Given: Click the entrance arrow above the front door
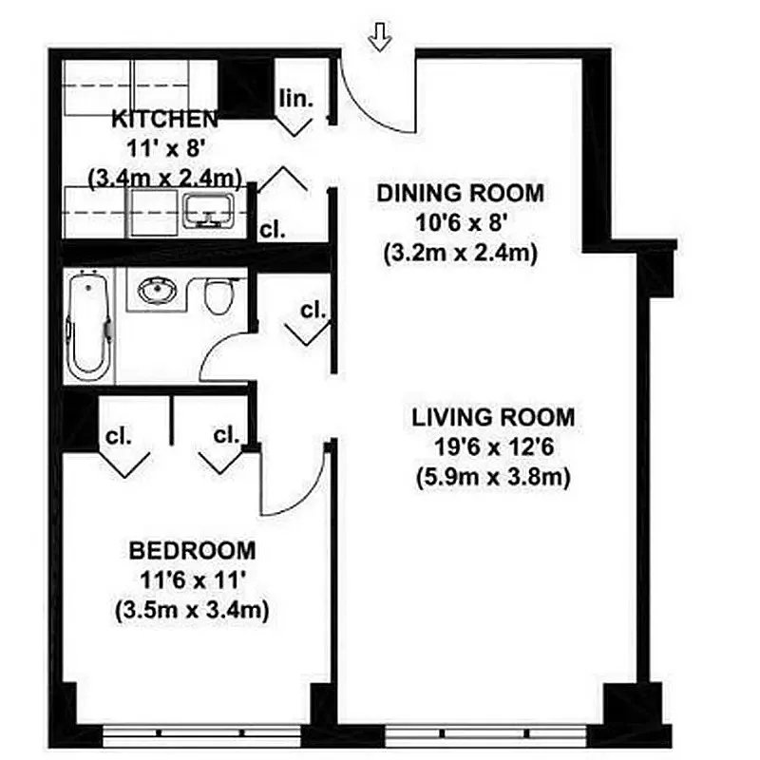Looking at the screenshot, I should [x=381, y=37].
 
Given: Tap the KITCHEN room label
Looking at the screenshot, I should [x=164, y=120].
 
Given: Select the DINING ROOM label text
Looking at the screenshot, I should [x=461, y=193].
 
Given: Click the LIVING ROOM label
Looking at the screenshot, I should [x=493, y=416].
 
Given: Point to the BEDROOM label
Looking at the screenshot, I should [x=193, y=550].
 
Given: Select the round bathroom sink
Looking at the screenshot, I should [x=156, y=290].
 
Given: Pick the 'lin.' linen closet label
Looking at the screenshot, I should [x=296, y=98].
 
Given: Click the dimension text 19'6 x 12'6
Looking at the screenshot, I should [x=493, y=446].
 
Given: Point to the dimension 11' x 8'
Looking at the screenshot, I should [x=164, y=148].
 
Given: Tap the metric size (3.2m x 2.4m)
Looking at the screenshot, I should [x=461, y=254].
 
